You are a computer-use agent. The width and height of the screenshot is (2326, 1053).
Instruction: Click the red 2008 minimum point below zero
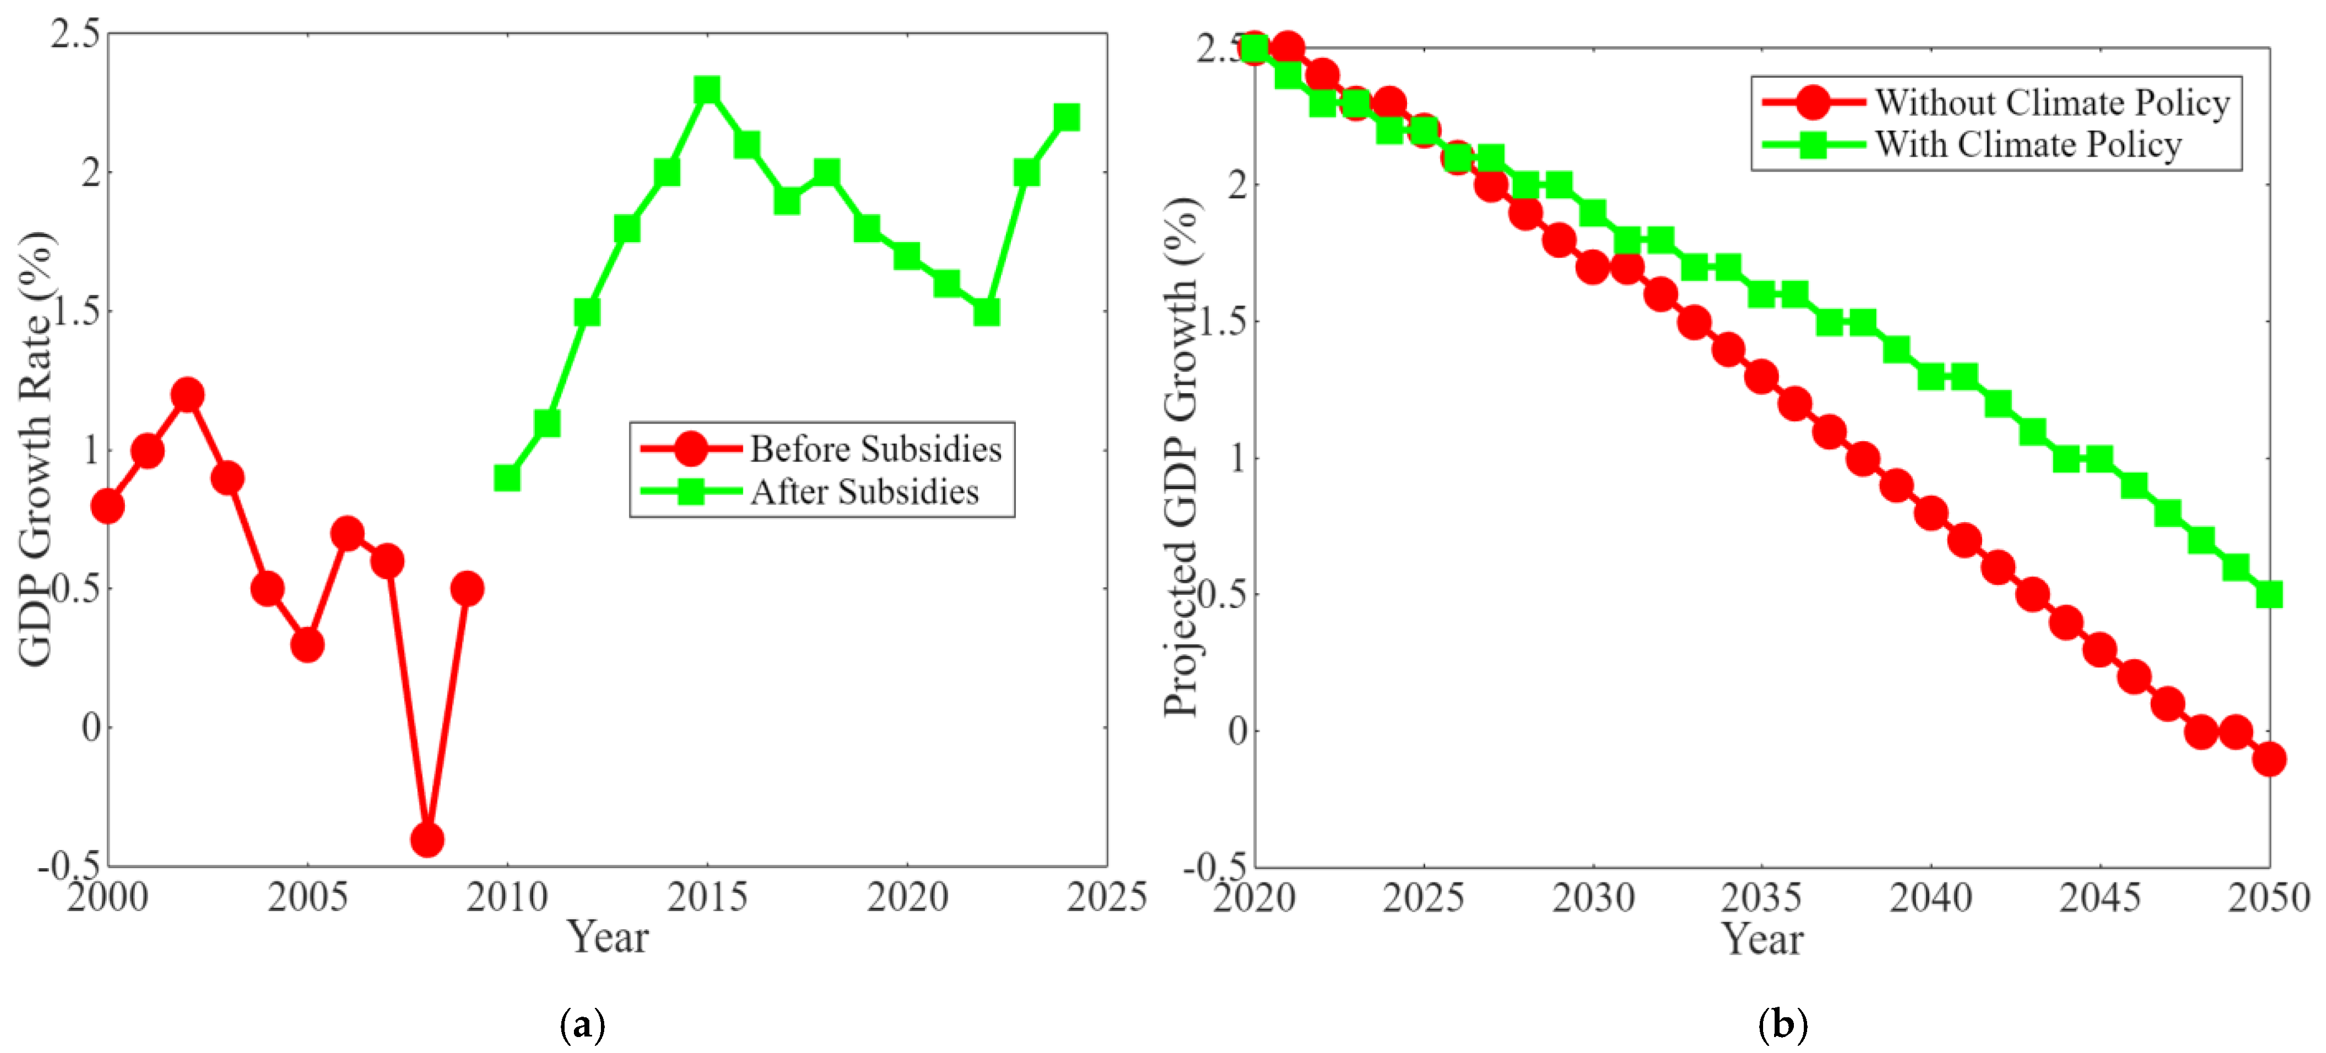pyautogui.click(x=427, y=840)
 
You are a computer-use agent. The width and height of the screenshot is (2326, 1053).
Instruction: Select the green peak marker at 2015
pyautogui.click(x=707, y=90)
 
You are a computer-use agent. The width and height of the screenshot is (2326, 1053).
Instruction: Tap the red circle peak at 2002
pyautogui.click(x=187, y=394)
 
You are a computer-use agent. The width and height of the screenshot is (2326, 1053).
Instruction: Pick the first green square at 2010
pyautogui.click(x=507, y=478)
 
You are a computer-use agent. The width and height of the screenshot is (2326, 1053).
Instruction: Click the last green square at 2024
pyautogui.click(x=1066, y=117)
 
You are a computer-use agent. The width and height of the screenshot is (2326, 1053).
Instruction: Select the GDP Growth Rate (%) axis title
pyautogui.click(x=36, y=449)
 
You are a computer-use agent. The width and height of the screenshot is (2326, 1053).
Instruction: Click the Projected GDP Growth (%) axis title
pyautogui.click(x=1180, y=456)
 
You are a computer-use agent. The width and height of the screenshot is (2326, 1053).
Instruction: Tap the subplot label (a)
pyautogui.click(x=582, y=1025)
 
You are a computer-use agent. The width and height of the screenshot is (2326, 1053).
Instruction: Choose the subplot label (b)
pyautogui.click(x=1783, y=1025)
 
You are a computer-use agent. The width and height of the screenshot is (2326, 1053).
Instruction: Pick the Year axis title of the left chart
pyautogui.click(x=608, y=937)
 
